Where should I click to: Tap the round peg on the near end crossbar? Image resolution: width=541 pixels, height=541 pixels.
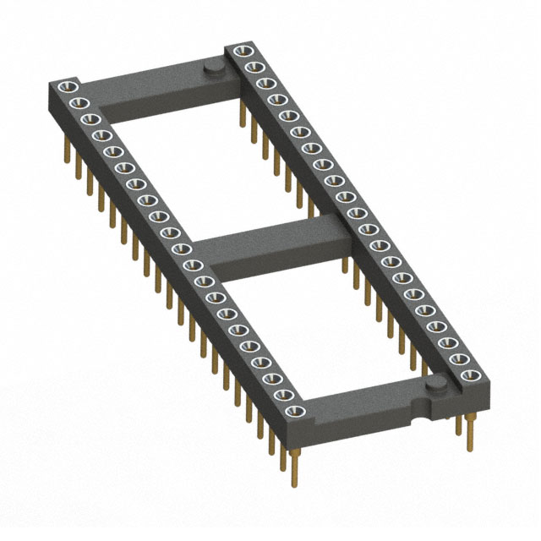click(435, 386)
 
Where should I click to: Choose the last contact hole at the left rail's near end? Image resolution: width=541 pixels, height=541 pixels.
click(297, 411)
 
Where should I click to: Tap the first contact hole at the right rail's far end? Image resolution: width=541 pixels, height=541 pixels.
click(236, 49)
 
